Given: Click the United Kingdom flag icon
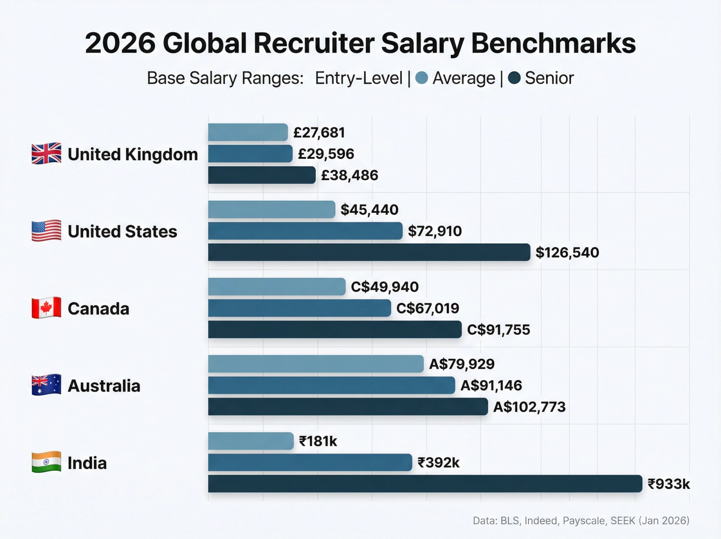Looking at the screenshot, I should (x=46, y=153).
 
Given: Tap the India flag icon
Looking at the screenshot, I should (x=46, y=462).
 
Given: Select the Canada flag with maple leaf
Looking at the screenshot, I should (x=46, y=308).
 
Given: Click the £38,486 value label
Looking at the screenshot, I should (x=349, y=175).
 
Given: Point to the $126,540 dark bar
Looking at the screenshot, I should (x=369, y=252).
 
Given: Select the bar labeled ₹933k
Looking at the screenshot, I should (x=425, y=484).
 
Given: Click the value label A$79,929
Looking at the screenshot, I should (x=461, y=364).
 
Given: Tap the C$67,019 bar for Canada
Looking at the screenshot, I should (x=299, y=308).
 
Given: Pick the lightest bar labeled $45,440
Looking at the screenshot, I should (x=271, y=209).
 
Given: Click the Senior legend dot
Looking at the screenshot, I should (x=514, y=78).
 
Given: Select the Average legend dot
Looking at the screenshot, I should (x=421, y=78).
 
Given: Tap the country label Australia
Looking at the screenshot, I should (x=104, y=386).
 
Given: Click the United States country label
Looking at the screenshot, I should (x=122, y=231).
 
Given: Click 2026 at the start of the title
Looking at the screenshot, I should (x=120, y=43).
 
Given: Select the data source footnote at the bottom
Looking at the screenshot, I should (x=581, y=521).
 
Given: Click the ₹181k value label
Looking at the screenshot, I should (x=318, y=441).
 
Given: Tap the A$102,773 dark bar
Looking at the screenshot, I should (x=348, y=407).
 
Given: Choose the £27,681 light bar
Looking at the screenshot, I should (x=248, y=132).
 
